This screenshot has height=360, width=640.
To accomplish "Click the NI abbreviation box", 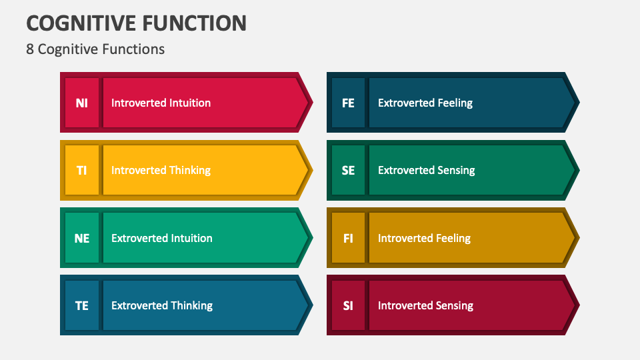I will click(81, 103).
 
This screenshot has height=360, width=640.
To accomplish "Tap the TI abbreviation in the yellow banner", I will click(81, 170).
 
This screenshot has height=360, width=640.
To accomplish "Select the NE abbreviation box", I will click(81, 238).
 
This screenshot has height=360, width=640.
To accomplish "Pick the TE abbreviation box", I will click(81, 305).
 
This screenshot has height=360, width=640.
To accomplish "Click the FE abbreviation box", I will click(348, 103).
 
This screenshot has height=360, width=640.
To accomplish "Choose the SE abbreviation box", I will click(348, 170).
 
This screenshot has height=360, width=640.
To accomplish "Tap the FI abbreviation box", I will click(348, 238).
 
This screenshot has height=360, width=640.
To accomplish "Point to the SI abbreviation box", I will click(348, 305).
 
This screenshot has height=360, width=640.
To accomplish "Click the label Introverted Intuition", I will click(161, 103).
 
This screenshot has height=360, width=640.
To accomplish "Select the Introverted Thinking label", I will click(161, 170).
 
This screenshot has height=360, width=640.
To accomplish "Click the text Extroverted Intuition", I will click(162, 238).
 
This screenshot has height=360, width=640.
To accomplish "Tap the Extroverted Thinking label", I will click(162, 305).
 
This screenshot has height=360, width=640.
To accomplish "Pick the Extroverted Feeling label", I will click(425, 103).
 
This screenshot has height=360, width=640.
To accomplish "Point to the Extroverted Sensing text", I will click(427, 170).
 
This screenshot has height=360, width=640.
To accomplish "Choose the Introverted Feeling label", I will click(424, 238).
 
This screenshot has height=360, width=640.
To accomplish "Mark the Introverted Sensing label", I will click(425, 305).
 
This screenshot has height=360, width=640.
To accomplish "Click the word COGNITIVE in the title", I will click(79, 23).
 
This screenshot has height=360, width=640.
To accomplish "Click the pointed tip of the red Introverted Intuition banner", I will click(309, 103).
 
